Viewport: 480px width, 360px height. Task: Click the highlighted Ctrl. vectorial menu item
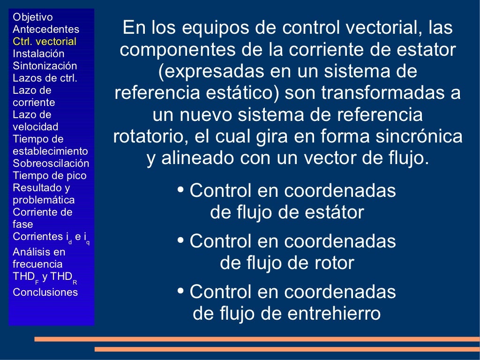pyautogui.click(x=45, y=41)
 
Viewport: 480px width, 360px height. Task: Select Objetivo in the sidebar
pyautogui.click(x=33, y=17)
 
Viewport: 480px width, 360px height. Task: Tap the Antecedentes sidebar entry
pyautogui.click(x=46, y=29)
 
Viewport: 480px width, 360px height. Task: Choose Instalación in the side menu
pyautogui.click(x=38, y=53)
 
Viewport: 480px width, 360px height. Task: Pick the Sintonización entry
pyautogui.click(x=45, y=66)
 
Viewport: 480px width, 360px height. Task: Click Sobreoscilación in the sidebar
pyautogui.click(x=51, y=163)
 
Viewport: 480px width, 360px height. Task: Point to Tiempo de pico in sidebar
pyautogui.click(x=50, y=176)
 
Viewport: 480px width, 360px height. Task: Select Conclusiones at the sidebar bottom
pyautogui.click(x=45, y=292)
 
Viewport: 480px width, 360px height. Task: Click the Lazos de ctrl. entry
pyautogui.click(x=45, y=78)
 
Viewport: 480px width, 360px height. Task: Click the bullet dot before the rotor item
pyautogui.click(x=180, y=241)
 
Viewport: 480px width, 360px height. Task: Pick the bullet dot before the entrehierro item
pyautogui.click(x=180, y=292)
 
